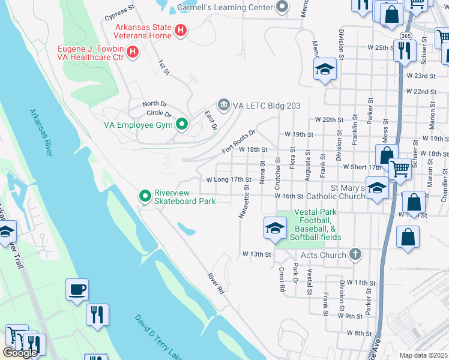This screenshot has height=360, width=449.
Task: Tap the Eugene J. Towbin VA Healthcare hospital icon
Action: [x=133, y=52]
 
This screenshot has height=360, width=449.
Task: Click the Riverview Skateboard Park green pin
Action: [x=145, y=196]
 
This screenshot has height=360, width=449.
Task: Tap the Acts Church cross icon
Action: [x=355, y=255]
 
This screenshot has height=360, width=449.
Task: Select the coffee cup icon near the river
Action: [x=77, y=290]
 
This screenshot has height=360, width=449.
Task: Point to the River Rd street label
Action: [x=215, y=283]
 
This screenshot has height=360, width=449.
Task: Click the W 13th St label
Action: [x=257, y=254]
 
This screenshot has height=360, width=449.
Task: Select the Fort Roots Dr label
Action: [x=239, y=142]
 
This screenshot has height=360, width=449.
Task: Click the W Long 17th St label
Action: [x=228, y=179]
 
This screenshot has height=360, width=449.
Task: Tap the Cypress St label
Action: [x=119, y=11]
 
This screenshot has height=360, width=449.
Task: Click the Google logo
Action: [x=20, y=353]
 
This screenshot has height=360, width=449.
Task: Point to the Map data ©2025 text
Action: [x=424, y=355]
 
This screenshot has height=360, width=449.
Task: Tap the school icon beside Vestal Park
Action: [x=275, y=228]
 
